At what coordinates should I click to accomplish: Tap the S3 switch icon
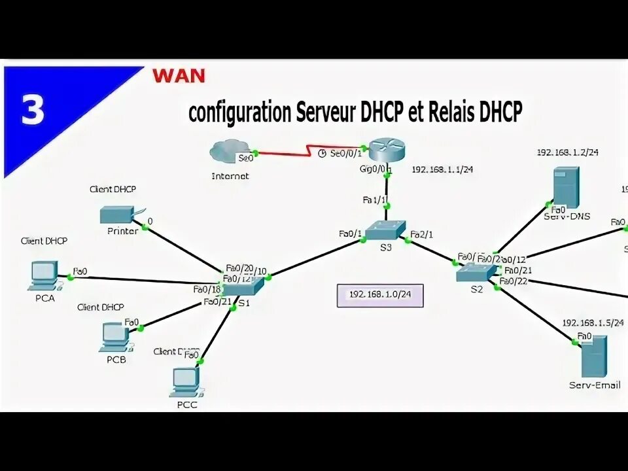tap(385, 230)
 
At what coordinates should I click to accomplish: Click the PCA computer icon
tap(44, 275)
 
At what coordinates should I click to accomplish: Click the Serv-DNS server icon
tap(566, 186)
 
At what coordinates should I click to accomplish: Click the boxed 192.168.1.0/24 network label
tap(380, 295)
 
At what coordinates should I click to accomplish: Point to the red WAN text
tap(179, 75)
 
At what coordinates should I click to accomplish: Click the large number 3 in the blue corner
tap(32, 110)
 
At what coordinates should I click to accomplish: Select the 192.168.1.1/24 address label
tap(442, 169)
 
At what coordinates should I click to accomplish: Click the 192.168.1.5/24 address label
tap(593, 323)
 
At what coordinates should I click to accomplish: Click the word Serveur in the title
tap(325, 112)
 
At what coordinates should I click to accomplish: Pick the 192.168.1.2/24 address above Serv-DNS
tap(568, 152)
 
